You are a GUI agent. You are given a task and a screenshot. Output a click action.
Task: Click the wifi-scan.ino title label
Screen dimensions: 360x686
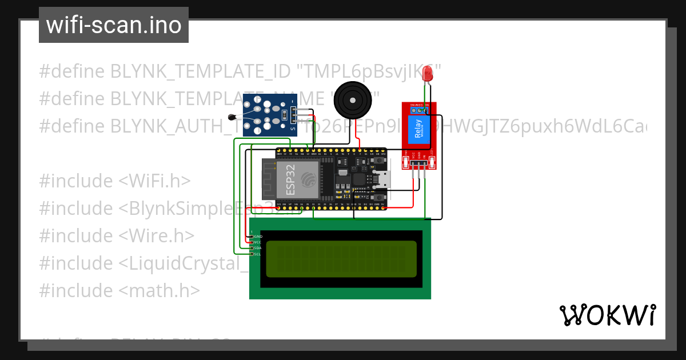point(114,25)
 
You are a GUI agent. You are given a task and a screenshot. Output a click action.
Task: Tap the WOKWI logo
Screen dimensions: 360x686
point(607,315)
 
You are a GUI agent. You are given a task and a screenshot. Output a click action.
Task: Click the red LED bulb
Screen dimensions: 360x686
point(426,73)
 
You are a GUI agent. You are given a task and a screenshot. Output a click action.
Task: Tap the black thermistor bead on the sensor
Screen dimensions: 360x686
point(231,118)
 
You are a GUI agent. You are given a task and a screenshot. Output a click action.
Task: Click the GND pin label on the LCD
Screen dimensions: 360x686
point(258,236)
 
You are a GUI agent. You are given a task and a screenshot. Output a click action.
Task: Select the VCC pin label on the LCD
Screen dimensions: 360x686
point(258,242)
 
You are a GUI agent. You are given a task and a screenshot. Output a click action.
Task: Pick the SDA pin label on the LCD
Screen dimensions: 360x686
point(258,248)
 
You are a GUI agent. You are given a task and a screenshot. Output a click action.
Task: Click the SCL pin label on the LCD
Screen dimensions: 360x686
point(258,254)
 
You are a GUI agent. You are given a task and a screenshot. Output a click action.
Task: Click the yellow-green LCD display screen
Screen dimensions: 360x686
point(342,259)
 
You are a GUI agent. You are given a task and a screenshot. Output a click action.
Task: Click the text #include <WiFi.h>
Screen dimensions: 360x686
point(115,181)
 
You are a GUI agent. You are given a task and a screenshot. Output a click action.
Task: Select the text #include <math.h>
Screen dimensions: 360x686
point(119,291)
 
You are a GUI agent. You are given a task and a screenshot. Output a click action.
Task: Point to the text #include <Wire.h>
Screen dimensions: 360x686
point(117,236)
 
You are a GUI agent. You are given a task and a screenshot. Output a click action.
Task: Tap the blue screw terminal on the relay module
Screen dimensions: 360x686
point(419,110)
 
